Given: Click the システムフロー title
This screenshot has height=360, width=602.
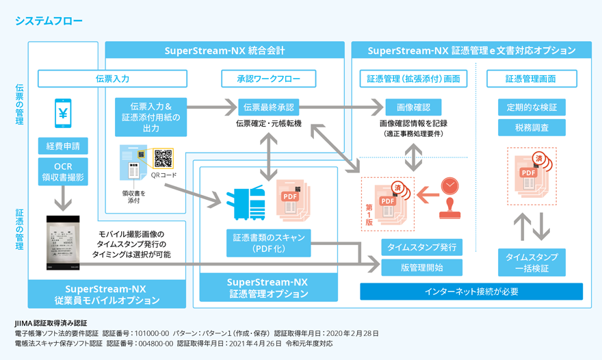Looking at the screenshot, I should pyautogui.click(x=49, y=21).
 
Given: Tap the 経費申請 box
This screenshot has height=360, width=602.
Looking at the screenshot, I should pyautogui.click(x=63, y=146).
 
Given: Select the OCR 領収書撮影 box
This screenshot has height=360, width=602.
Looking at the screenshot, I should pyautogui.click(x=63, y=172).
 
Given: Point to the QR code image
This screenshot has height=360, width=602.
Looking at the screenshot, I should pyautogui.click(x=163, y=158).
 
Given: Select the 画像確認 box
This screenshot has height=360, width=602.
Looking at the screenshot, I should pyautogui.click(x=413, y=107).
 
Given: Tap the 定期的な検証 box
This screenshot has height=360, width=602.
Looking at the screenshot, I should pyautogui.click(x=532, y=107).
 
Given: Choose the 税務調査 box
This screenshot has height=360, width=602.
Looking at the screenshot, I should pyautogui.click(x=532, y=127).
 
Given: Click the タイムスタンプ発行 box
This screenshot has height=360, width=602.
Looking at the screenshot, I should pyautogui.click(x=421, y=247).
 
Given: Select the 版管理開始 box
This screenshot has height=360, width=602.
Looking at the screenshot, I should pyautogui.click(x=421, y=267).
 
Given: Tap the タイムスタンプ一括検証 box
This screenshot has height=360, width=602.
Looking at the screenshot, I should pyautogui.click(x=532, y=262).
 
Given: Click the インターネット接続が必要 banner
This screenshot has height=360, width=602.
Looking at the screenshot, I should pyautogui.click(x=471, y=292).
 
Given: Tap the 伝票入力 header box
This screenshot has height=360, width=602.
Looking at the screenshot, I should pyautogui.click(x=112, y=79).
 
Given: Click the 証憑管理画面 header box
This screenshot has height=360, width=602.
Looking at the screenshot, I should pyautogui.click(x=531, y=79).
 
